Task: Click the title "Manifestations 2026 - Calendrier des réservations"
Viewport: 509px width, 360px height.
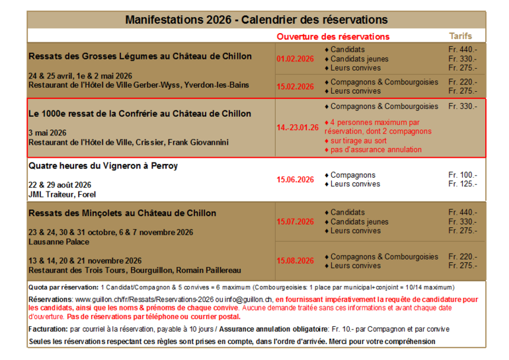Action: [x=256, y=20]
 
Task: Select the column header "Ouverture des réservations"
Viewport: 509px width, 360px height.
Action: [x=333, y=36]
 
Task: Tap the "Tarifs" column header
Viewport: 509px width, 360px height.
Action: [x=461, y=36]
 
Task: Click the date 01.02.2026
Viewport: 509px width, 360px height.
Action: [x=295, y=59]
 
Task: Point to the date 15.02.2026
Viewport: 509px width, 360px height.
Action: [x=295, y=87]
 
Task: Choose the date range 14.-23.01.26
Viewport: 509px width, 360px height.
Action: [x=297, y=127]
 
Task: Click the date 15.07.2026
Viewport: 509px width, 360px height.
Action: [x=295, y=221]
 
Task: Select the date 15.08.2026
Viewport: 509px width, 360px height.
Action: [x=295, y=260]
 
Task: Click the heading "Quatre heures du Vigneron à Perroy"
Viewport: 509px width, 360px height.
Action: [x=103, y=166]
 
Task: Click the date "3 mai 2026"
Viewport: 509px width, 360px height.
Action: [x=48, y=132]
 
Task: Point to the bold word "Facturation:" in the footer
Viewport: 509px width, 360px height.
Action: [x=48, y=328]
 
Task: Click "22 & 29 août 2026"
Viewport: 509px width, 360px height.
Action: [x=60, y=185]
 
